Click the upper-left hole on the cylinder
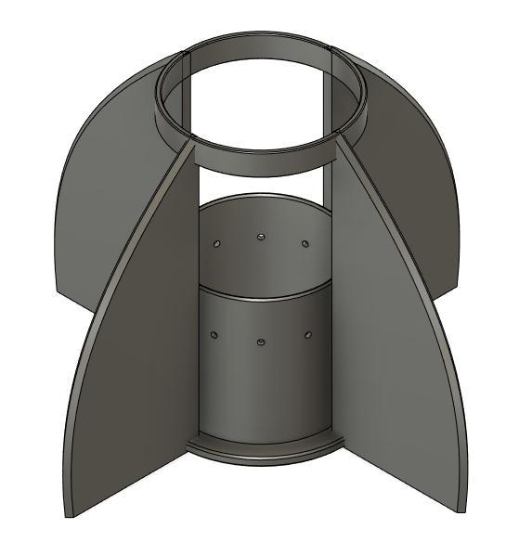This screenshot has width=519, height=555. click(216, 243)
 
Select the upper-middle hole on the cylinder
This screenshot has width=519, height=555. click(261, 236)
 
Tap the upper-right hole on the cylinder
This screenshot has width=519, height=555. click(305, 243)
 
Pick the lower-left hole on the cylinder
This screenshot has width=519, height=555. click(214, 334)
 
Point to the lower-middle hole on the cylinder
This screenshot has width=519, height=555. click(261, 342)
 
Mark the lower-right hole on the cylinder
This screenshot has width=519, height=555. click(308, 333)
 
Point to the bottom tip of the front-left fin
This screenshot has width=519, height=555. click(67, 513)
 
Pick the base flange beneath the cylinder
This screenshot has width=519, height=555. click(264, 452)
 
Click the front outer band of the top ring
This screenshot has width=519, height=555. click(260, 160)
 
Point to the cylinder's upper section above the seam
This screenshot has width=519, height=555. click(265, 265)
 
